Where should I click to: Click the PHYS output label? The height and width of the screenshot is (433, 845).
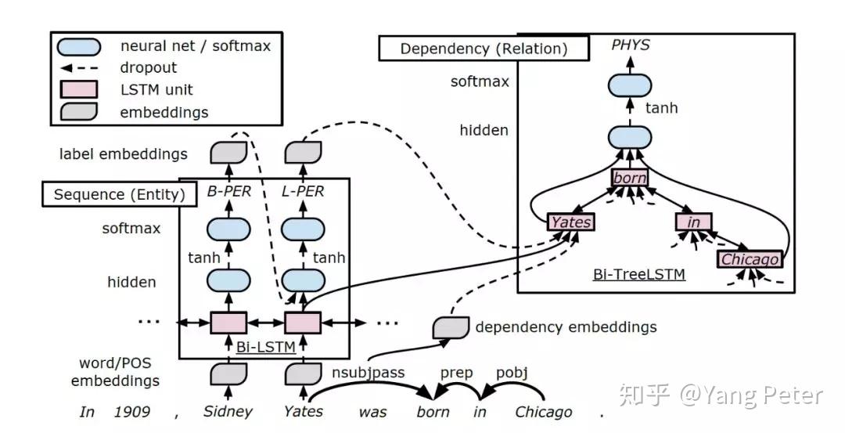(630, 45)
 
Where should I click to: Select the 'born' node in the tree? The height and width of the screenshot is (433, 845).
(629, 178)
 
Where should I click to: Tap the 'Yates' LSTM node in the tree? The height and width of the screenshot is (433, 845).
(570, 222)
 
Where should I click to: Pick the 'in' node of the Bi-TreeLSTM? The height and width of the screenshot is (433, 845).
(693, 222)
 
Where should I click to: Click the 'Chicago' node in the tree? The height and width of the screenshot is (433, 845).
(750, 259)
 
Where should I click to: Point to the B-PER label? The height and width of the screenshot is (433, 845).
(229, 191)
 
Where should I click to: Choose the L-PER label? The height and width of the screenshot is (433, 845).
(303, 191)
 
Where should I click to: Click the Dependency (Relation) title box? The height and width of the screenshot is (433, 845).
(484, 49)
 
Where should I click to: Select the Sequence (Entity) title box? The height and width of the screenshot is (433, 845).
(120, 194)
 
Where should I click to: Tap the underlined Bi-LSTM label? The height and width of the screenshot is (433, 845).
(266, 347)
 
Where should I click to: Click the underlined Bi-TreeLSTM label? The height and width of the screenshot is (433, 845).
(639, 275)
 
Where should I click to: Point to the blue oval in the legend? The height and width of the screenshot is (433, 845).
(79, 47)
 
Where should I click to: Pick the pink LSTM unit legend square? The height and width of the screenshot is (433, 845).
(79, 89)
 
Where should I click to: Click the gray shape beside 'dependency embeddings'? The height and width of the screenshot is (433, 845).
(451, 328)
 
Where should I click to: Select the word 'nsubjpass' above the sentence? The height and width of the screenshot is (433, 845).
(368, 373)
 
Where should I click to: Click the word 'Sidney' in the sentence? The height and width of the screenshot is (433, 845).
(228, 411)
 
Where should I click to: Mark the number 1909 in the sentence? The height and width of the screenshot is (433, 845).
(132, 412)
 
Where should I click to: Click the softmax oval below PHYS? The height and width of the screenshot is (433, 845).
(629, 85)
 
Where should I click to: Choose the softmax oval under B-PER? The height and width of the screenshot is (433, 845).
(228, 229)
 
